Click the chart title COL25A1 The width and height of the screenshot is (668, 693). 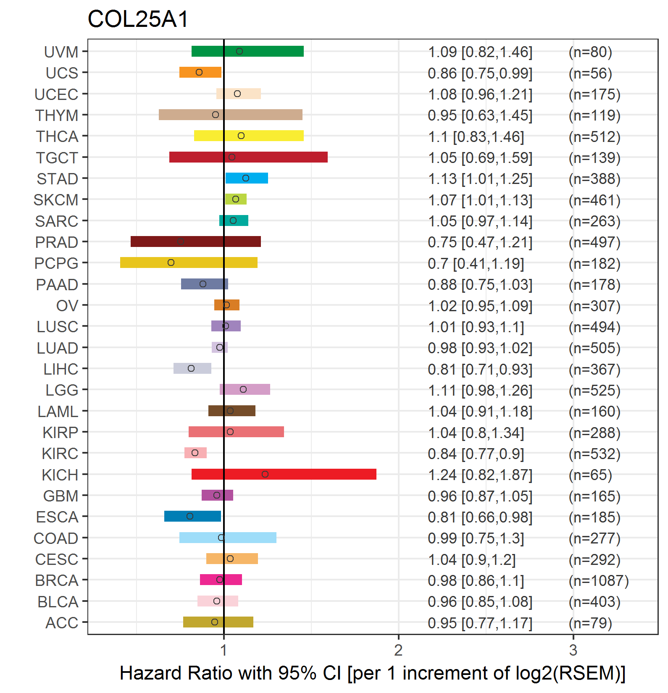[x=138, y=19]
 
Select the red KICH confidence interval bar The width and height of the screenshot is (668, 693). [x=284, y=474]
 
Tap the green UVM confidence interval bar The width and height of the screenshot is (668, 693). [x=247, y=51]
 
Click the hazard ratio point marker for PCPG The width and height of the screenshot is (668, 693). [x=171, y=262]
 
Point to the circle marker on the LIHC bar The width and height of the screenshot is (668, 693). [x=191, y=368]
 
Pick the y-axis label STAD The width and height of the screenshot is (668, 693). [x=58, y=179]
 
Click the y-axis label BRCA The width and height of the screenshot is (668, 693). [x=57, y=580]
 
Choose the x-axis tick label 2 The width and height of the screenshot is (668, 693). [x=398, y=650]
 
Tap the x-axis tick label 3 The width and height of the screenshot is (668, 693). [x=573, y=650]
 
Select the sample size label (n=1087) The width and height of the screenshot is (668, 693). [x=599, y=580]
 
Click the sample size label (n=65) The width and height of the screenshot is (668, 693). [x=590, y=475]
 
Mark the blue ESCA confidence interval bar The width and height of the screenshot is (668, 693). [x=192, y=516]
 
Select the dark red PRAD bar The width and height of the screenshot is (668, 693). [x=196, y=241]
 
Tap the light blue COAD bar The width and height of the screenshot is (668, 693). [x=228, y=538]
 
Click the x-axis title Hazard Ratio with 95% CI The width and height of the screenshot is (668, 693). [x=230, y=673]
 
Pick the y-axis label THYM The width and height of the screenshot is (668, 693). [x=57, y=115]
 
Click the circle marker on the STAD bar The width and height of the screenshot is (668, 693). [x=246, y=178]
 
